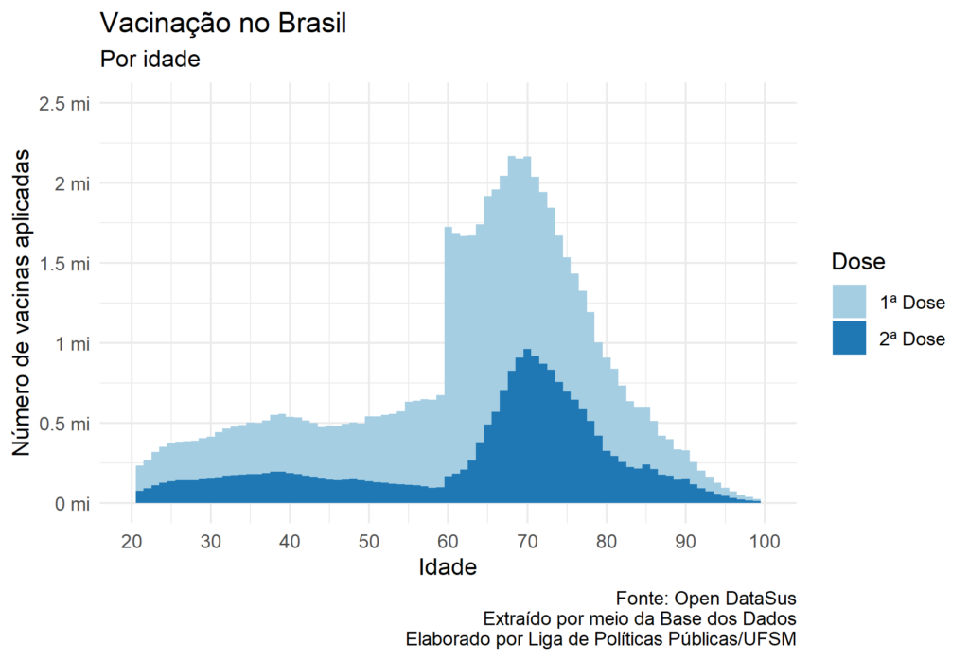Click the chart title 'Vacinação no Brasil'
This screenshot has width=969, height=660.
[222, 24]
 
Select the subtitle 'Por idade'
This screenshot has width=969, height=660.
[150, 59]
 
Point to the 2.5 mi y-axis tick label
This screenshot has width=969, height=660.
[64, 103]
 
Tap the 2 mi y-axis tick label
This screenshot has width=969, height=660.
[72, 183]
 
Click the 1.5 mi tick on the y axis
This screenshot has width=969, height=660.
[64, 263]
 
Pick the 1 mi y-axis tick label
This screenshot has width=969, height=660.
[72, 343]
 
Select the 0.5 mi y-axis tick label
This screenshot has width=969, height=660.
[64, 424]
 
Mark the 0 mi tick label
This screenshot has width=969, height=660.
[72, 504]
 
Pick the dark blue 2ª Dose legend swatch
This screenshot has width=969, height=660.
[849, 338]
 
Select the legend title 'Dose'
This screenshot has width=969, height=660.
[857, 261]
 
